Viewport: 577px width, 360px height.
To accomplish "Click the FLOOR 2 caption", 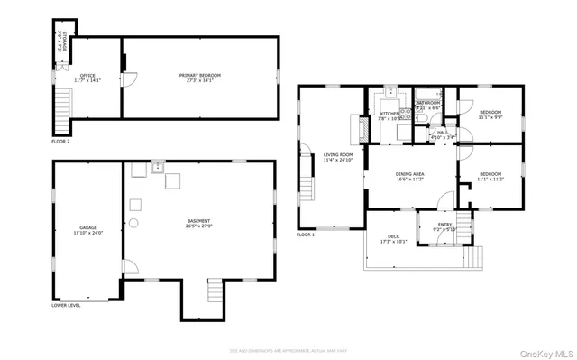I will coord(60,142).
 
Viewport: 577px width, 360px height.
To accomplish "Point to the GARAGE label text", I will coord(87,230).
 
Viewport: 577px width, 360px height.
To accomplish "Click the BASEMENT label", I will coord(199,223).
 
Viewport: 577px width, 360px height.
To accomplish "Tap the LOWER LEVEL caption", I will coord(66,305).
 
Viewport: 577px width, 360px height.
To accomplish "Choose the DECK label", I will coord(393,238).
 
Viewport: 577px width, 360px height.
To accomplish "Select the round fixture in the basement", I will coord(134,222).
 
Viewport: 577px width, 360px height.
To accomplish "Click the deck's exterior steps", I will coord(480,258).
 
